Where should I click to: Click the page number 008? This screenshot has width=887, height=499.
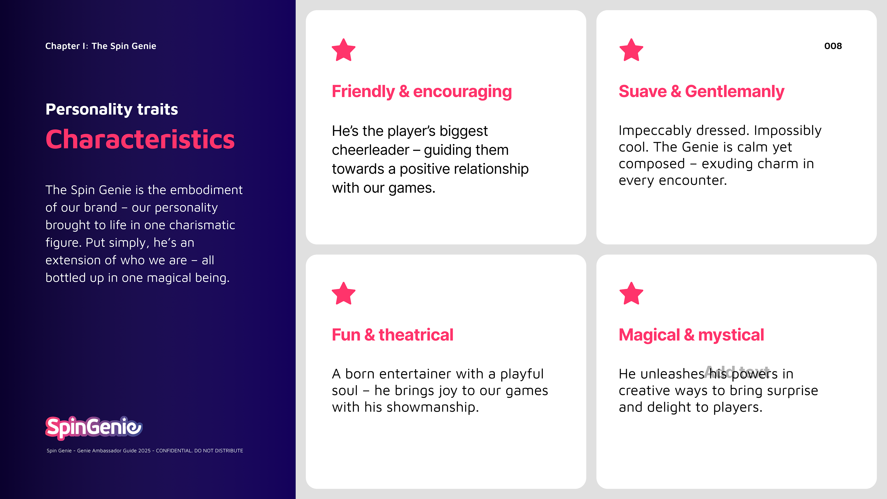[833, 46]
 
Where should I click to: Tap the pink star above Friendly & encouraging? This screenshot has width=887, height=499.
[343, 50]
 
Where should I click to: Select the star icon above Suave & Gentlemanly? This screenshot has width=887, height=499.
[631, 50]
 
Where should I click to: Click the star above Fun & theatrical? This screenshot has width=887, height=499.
[343, 294]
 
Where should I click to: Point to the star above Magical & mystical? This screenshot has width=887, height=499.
[631, 294]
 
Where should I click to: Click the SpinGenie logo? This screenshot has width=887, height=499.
[94, 428]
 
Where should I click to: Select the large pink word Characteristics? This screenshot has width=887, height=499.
[140, 140]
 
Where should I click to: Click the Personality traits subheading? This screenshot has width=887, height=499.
[112, 110]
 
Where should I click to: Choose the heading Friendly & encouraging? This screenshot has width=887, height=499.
[422, 92]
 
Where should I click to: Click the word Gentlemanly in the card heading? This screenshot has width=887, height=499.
[735, 92]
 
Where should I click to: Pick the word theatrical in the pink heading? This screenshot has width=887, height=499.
[416, 335]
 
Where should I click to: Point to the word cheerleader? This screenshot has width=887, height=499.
[371, 150]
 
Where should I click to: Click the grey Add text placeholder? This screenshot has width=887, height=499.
[737, 372]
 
